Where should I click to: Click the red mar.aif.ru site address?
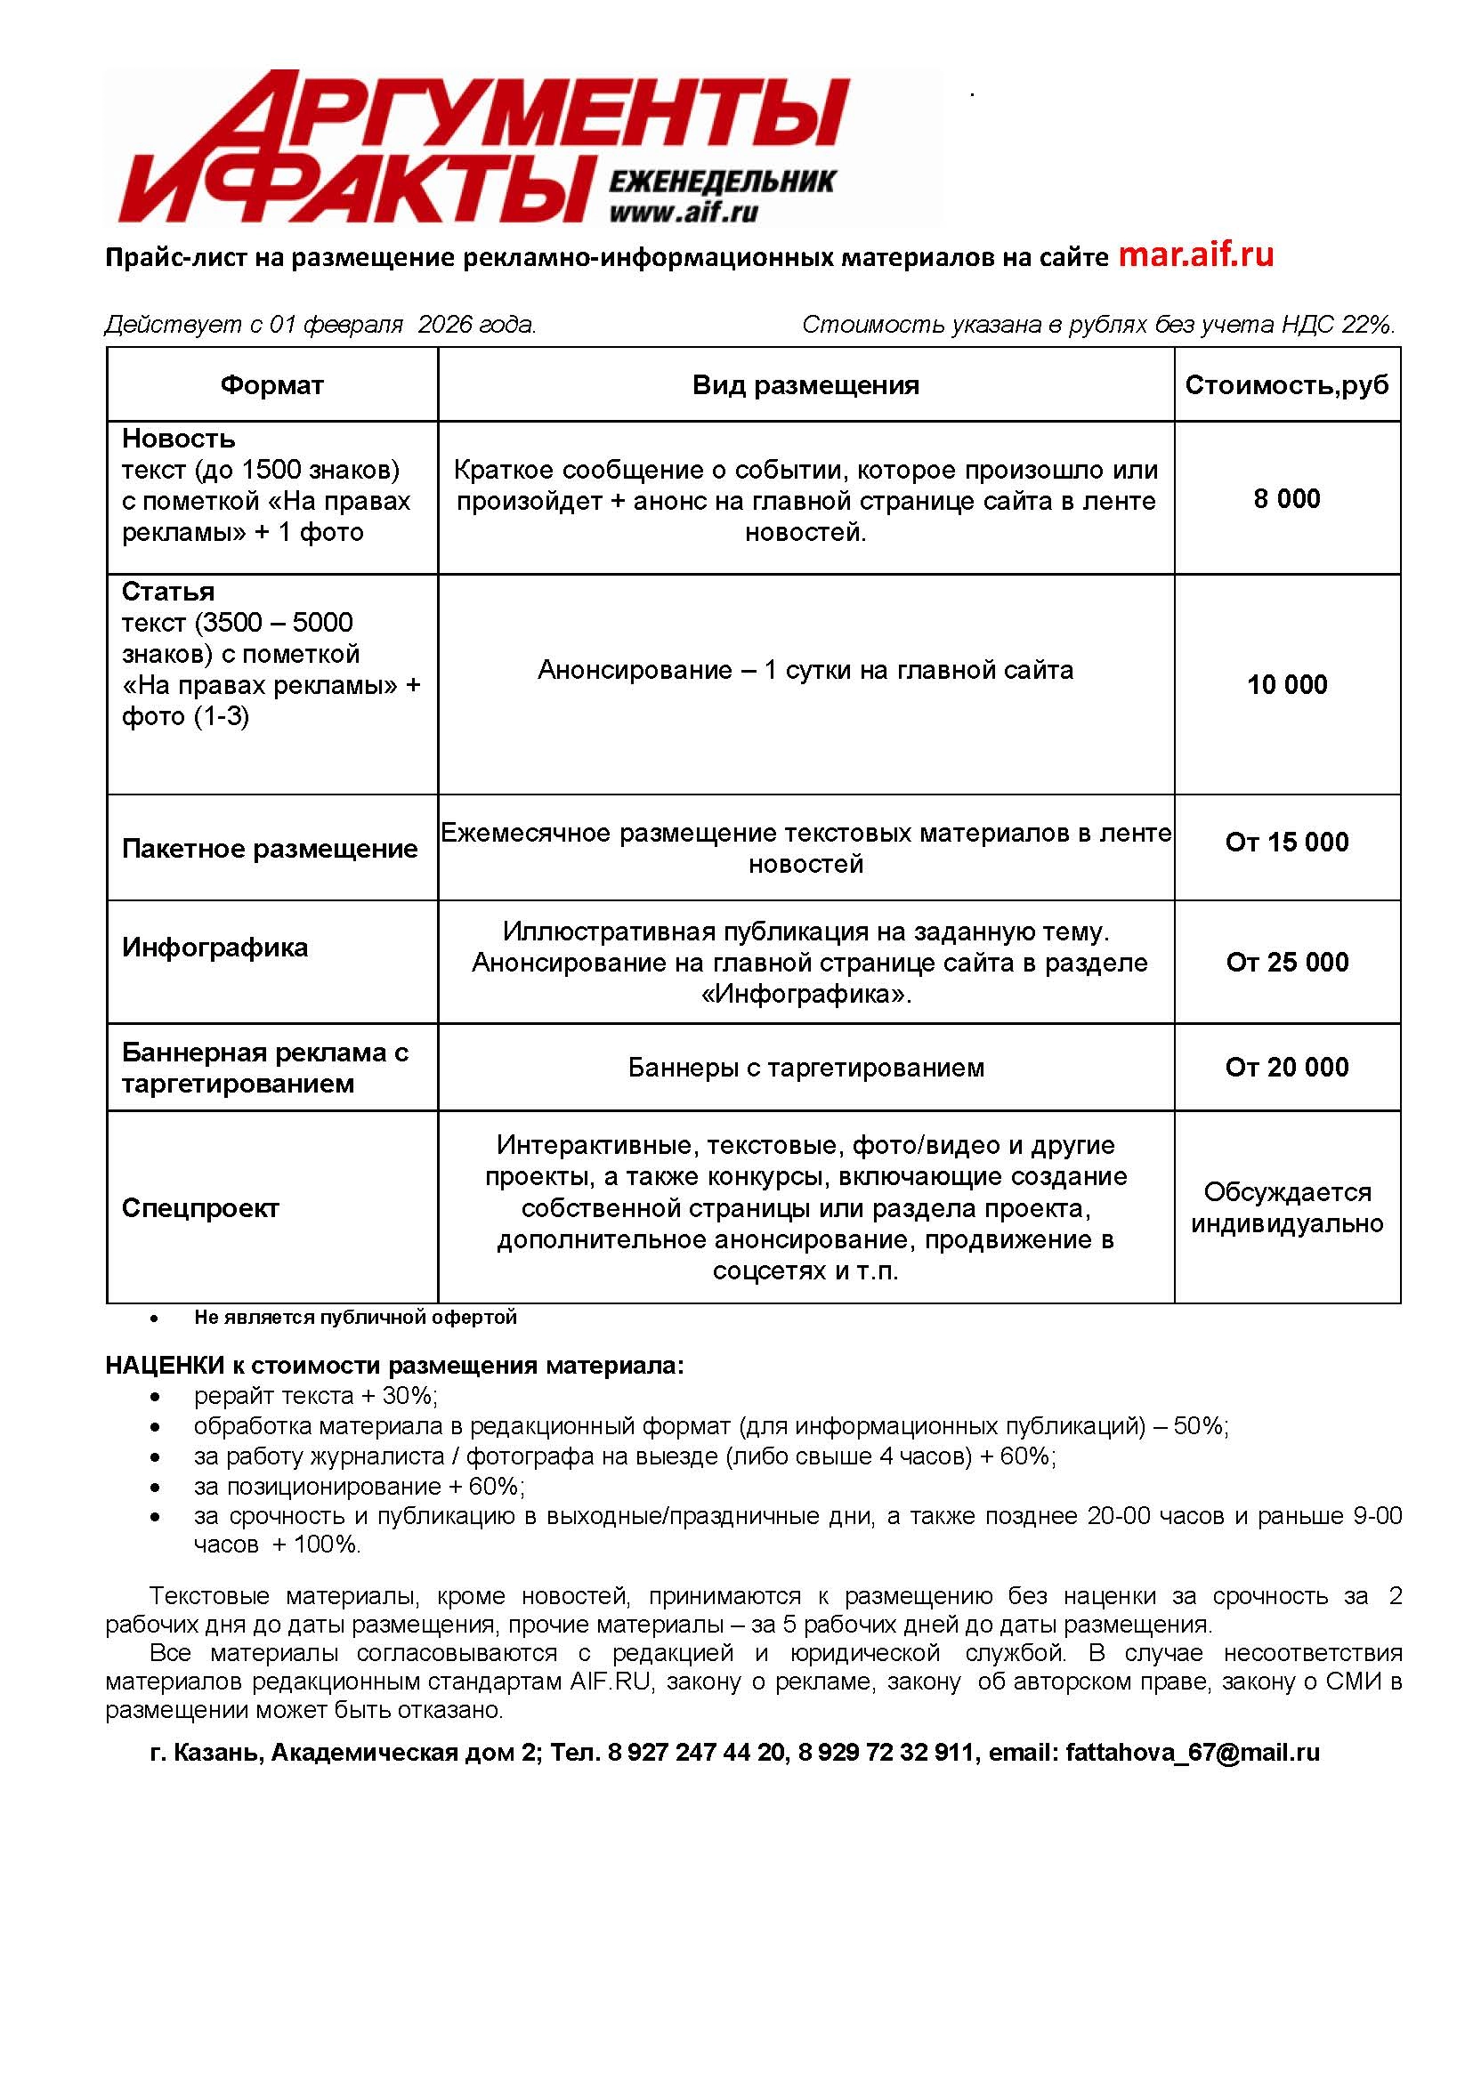click(1195, 254)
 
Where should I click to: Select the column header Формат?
click(271, 385)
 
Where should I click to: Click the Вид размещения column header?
click(805, 385)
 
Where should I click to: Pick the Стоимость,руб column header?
click(1286, 385)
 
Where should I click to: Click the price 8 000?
click(1286, 499)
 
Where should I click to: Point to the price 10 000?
click(1286, 684)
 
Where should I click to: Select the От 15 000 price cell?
click(1286, 843)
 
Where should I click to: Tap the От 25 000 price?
click(1286, 962)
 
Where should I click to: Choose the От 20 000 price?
click(1286, 1068)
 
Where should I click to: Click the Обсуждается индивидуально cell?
click(1286, 1208)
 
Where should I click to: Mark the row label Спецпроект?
click(200, 1208)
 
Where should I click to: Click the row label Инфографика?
click(215, 948)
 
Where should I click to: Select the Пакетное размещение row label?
click(270, 849)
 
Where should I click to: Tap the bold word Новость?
click(179, 439)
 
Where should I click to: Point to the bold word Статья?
click(168, 593)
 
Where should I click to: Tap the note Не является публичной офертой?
click(354, 1318)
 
